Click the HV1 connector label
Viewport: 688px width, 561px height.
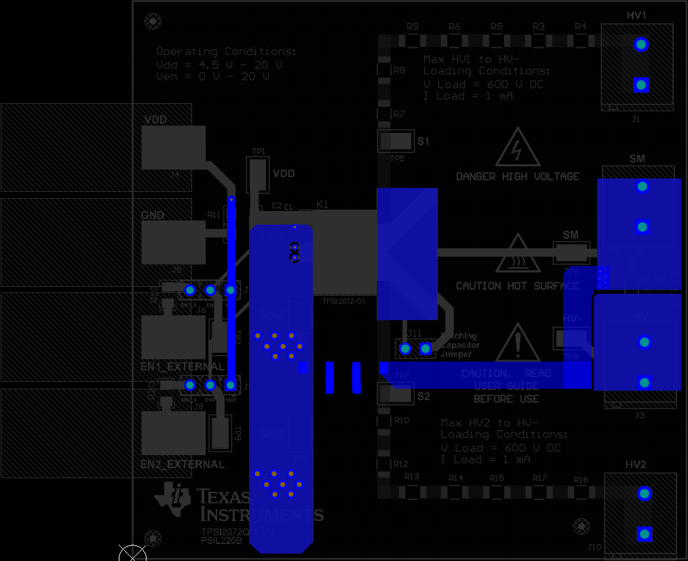636,15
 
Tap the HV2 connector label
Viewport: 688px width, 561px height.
636,465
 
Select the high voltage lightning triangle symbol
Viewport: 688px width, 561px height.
518,147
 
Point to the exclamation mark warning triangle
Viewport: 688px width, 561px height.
518,343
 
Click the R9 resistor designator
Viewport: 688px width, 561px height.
413,26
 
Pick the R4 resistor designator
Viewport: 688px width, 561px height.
580,26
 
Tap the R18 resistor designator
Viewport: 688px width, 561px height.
581,480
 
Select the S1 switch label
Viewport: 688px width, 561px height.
423,142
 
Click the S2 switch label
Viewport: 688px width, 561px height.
423,396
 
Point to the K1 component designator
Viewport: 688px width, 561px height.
322,204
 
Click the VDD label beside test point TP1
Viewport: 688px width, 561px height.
284,174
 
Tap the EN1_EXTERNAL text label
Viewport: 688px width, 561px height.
183,367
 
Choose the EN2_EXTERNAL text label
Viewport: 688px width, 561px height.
183,465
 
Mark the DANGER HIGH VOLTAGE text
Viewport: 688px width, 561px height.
518,176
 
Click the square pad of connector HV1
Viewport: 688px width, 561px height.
641,85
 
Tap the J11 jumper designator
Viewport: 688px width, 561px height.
415,333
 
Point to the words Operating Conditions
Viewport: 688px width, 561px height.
226,52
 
